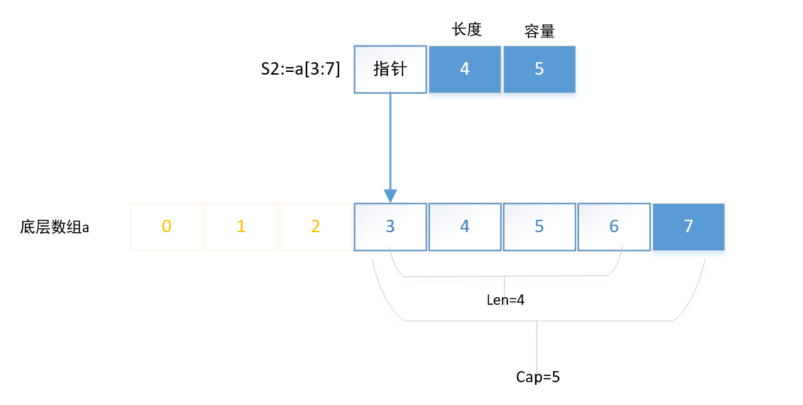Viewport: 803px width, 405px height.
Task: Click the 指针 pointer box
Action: tap(390, 69)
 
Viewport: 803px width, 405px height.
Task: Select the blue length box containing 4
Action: tap(464, 69)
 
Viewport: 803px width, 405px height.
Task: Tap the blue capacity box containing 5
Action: tap(539, 69)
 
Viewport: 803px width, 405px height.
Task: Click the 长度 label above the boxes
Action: tap(466, 30)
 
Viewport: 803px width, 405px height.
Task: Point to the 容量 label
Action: tap(539, 31)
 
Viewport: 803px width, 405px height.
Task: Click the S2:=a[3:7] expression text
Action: tap(300, 69)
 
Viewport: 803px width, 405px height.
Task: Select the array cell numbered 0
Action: tap(166, 227)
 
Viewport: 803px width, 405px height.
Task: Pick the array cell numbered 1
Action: tap(241, 227)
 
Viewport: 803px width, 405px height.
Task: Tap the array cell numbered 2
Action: tap(316, 227)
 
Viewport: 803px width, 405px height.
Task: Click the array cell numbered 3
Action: tap(390, 227)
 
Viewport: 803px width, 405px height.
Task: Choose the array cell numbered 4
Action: tap(465, 227)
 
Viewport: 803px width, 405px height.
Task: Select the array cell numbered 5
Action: tap(539, 227)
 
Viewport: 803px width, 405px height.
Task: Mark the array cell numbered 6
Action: tap(614, 227)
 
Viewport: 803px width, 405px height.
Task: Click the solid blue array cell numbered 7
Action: tap(688, 227)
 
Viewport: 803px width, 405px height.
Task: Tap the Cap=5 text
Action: tap(539, 377)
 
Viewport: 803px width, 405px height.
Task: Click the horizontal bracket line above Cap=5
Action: tap(539, 321)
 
